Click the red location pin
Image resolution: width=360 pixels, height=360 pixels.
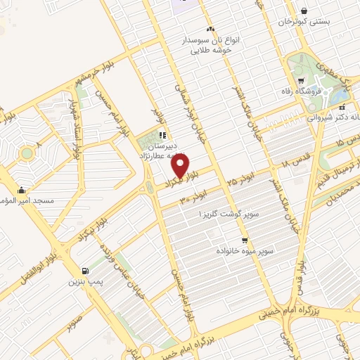coord(180,166)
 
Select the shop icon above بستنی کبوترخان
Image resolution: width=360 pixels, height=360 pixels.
coord(303,11)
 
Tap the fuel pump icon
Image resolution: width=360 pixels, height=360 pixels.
coord(86,271)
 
